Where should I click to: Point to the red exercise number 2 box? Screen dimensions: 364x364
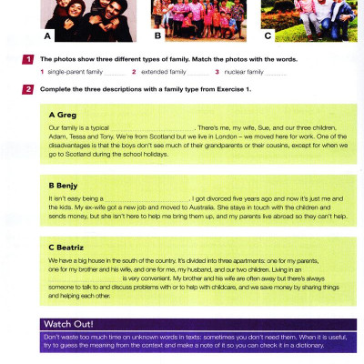point(29,88)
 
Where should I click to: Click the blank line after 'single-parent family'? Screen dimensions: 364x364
point(116,73)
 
